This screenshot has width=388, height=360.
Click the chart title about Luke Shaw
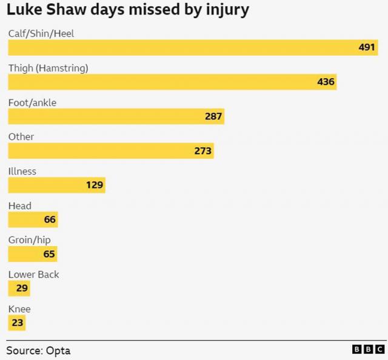(x=127, y=10)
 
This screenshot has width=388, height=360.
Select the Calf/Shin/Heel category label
(x=41, y=33)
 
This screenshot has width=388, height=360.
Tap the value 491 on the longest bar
(x=367, y=47)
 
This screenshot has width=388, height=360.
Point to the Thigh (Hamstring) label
(x=48, y=68)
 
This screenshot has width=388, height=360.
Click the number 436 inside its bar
(x=326, y=82)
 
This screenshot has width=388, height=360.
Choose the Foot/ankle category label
(x=32, y=102)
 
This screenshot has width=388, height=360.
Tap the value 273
(x=202, y=151)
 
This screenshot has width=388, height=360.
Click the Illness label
(x=22, y=172)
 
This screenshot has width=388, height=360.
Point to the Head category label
(x=19, y=206)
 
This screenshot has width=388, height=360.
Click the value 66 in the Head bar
(x=50, y=219)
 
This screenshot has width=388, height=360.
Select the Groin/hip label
(x=29, y=240)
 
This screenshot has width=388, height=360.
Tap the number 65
(x=49, y=254)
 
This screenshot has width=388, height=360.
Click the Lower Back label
(x=33, y=275)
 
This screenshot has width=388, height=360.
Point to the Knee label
(x=19, y=309)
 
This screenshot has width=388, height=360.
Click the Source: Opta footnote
(x=39, y=350)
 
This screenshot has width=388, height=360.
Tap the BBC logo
(x=368, y=350)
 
